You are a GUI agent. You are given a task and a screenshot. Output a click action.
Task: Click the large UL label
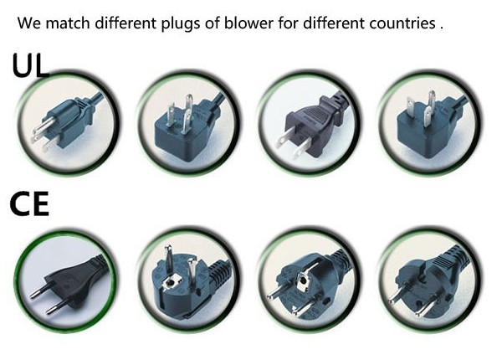31,65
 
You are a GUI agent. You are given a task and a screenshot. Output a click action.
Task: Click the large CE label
29,203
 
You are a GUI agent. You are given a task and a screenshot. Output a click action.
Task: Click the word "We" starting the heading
29,23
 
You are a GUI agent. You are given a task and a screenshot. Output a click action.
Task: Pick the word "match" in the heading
68,23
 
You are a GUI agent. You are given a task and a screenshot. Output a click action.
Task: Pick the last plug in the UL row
430,125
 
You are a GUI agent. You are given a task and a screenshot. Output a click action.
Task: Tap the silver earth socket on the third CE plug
302,280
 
